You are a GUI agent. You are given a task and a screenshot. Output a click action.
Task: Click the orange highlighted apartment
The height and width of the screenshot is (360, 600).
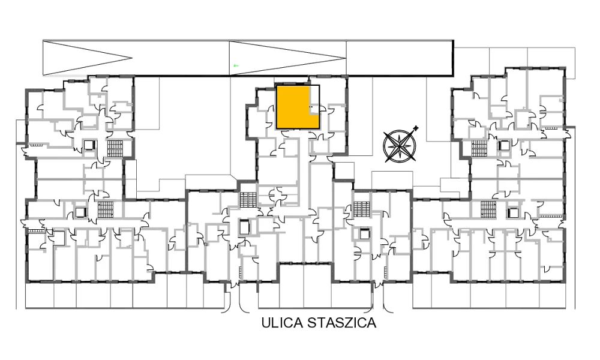tap(293, 107)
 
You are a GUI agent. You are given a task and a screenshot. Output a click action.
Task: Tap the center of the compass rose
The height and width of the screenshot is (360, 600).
tap(400, 146)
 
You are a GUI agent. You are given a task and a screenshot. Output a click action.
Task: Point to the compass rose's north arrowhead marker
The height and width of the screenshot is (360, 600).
tap(416, 128)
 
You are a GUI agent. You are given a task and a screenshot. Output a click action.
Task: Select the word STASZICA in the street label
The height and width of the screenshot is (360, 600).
tap(342, 323)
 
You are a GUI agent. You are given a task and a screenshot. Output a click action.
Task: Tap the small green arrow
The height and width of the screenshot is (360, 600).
tap(236, 65)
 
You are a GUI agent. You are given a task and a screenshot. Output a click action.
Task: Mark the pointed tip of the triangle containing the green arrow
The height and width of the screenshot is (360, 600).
tap(346, 58)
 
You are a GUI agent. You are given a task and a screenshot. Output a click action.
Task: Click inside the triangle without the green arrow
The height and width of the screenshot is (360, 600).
tap(77, 58)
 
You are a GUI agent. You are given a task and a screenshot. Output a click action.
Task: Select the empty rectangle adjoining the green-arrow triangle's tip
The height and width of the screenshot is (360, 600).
tap(400, 58)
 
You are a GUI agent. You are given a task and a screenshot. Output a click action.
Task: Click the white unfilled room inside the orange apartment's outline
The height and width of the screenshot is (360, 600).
tap(314, 100)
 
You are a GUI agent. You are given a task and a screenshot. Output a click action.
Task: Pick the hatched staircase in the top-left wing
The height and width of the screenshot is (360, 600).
tap(115, 149)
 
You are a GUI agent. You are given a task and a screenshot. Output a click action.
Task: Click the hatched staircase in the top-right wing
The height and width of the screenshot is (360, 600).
tap(479, 148)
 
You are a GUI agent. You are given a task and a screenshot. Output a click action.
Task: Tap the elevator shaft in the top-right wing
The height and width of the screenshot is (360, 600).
tap(504, 145)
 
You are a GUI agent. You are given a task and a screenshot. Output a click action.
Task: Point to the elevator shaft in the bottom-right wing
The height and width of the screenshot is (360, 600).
tap(512, 212)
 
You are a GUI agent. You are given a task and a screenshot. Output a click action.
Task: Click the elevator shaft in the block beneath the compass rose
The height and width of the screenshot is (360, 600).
tap(365, 233)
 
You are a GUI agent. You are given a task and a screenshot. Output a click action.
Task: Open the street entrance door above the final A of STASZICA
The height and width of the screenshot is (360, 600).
tap(378, 285)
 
